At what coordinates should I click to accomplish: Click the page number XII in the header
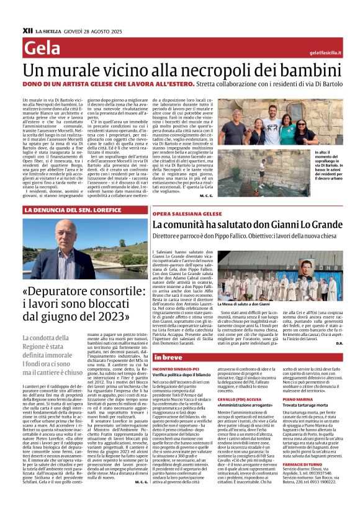[x=27, y=29]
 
